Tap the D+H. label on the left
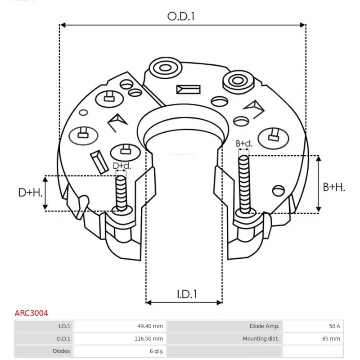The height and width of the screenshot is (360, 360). (31, 193)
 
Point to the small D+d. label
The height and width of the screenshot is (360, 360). (122, 166)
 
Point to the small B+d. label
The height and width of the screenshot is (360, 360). (244, 144)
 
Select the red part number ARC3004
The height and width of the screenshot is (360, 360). (31, 313)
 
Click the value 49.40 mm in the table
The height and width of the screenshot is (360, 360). (150, 326)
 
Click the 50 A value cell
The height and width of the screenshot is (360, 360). (334, 326)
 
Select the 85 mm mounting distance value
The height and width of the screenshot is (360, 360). (332, 338)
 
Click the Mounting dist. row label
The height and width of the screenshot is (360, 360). (261, 338)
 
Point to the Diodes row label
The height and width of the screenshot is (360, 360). (62, 351)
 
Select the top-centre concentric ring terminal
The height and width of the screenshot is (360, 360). (164, 69)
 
